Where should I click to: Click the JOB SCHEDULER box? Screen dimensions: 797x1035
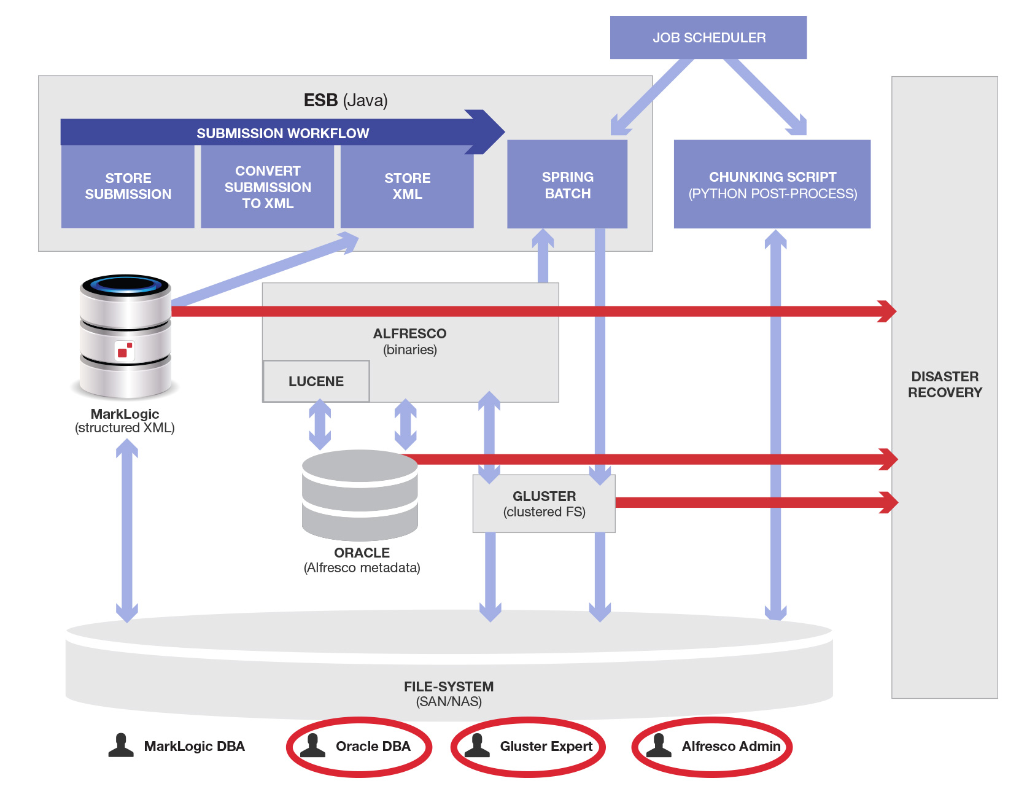tap(708, 37)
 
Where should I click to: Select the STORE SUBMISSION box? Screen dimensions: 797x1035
tap(128, 186)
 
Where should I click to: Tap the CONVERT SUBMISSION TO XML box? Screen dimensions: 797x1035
tap(267, 187)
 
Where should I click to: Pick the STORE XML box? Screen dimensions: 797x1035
tap(407, 186)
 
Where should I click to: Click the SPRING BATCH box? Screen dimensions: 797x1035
tap(567, 185)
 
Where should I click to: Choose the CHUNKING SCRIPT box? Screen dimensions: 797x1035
tap(772, 185)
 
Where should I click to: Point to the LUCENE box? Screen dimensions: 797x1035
tap(316, 381)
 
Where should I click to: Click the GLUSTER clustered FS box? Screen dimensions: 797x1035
tap(544, 503)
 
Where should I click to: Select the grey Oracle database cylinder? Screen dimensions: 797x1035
tap(360, 494)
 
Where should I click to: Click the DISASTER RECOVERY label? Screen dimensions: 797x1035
tap(944, 384)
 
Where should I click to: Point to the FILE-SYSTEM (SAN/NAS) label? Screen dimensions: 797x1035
tap(448, 694)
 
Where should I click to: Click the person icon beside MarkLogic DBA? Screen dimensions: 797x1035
tap(121, 745)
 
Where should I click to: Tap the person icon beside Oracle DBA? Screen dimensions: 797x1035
tap(312, 745)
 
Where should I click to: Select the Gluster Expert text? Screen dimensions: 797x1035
tap(546, 746)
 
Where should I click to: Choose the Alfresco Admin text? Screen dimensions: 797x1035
tap(731, 746)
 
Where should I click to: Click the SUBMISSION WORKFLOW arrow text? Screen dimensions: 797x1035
tap(282, 133)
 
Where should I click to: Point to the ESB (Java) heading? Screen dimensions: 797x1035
tap(345, 100)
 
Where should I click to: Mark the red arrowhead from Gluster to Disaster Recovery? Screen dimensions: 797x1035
tap(888, 502)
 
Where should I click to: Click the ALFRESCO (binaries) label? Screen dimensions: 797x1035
tap(409, 341)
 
